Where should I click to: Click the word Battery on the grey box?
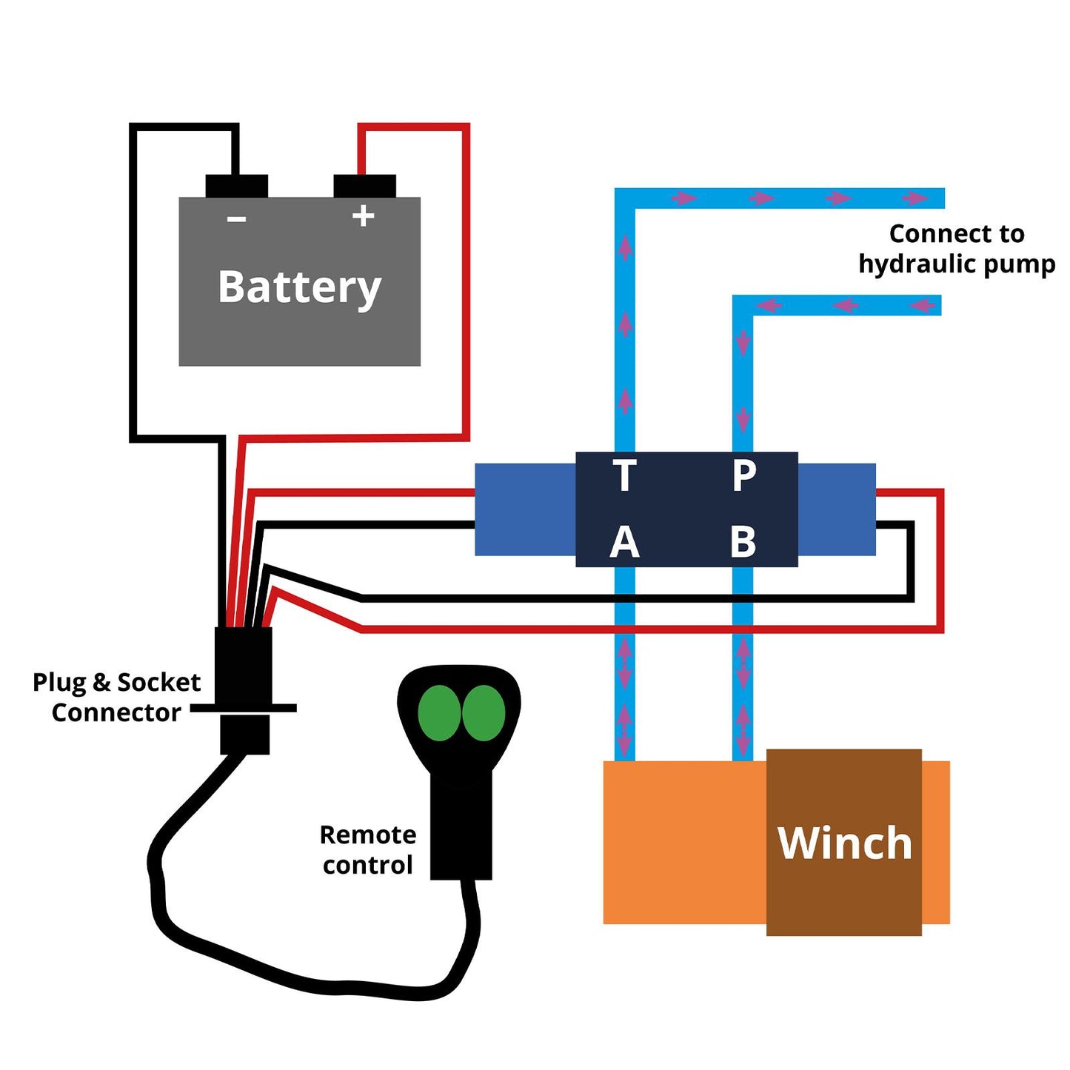299,287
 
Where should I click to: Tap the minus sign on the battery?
236,218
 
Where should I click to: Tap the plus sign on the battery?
363,215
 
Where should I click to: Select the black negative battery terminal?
236,186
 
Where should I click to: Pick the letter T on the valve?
624,475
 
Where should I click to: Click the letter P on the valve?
743,475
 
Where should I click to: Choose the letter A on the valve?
624,543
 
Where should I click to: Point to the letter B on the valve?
743,543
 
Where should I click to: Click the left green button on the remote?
439,713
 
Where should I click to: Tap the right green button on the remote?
484,713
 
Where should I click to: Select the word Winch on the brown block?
844,843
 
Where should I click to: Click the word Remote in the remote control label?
367,835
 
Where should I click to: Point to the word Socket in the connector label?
158,682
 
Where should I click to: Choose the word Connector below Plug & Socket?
116,712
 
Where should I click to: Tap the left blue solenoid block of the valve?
525,509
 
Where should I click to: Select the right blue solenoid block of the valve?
837,509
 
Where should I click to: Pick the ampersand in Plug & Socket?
101,682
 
